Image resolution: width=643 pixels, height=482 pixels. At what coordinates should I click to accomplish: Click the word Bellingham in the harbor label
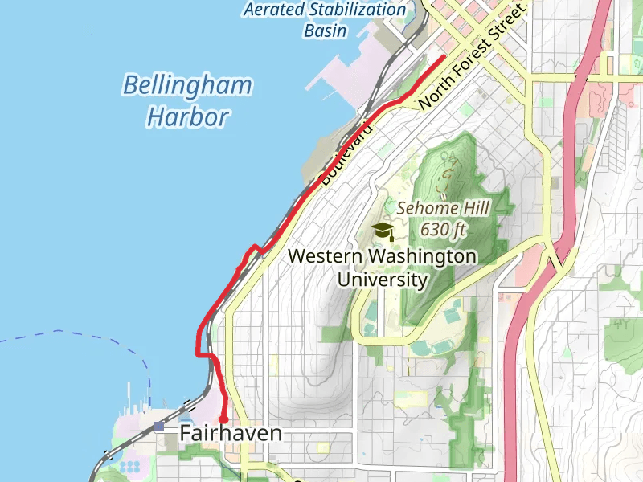tap(187, 85)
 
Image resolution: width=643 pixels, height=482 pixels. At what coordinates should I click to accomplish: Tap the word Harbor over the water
tap(187, 117)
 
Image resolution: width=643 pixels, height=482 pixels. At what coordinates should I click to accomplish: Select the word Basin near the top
tap(325, 31)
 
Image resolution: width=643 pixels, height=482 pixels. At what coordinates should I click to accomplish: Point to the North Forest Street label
tap(471, 56)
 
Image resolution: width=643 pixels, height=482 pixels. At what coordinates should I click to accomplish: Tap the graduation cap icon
tap(383, 231)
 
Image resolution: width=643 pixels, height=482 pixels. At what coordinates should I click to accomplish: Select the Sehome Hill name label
tap(443, 208)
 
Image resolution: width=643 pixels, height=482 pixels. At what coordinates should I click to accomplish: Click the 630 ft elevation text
tap(443, 230)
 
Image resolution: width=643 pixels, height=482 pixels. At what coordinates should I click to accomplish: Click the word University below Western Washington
tap(382, 280)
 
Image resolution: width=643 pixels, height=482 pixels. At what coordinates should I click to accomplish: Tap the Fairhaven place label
tap(231, 434)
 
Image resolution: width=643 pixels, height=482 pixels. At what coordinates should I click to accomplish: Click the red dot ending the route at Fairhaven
tap(223, 419)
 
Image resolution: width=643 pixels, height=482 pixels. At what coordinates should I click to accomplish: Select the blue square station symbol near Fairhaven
tap(159, 427)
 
